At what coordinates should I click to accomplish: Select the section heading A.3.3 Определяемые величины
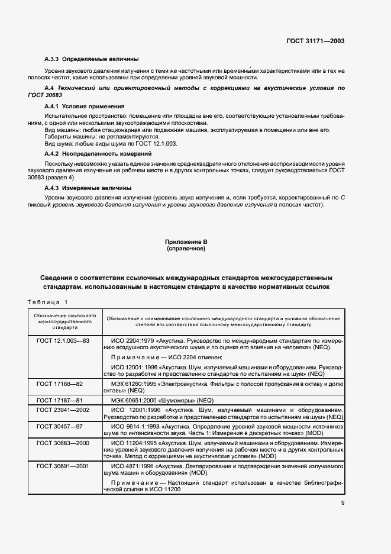[92, 59]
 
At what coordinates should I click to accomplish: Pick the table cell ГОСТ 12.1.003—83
[63, 341]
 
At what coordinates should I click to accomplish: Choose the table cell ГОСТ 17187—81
[59, 400]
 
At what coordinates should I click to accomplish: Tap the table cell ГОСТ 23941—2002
[63, 410]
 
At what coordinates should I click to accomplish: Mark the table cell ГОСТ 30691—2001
[63, 466]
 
